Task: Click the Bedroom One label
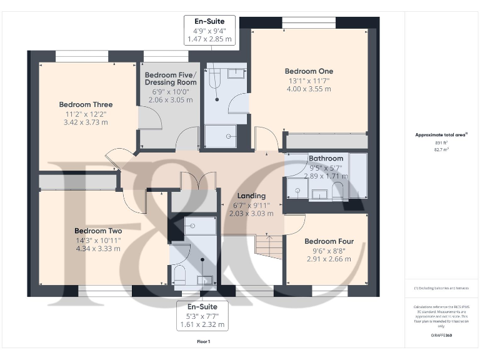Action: click(309, 71)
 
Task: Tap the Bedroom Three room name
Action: click(86, 104)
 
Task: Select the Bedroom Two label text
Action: click(97, 231)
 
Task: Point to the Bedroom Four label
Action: click(329, 241)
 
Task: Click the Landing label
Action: click(251, 196)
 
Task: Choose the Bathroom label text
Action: click(326, 159)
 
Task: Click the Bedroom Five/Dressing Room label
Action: click(170, 78)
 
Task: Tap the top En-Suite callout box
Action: click(209, 30)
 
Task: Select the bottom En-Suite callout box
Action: click(201, 316)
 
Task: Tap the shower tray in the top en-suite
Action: click(221, 134)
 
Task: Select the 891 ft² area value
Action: click(441, 143)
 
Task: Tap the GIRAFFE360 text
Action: click(441, 336)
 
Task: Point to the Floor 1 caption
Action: click(203, 342)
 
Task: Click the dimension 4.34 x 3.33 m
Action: click(97, 248)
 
